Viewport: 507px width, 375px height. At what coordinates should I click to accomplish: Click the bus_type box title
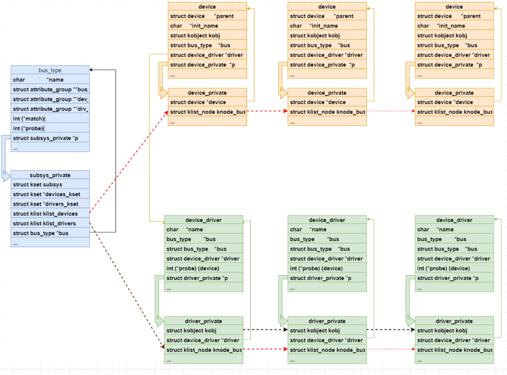pos(50,70)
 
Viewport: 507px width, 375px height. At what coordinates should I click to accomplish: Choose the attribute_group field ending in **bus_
pos(50,90)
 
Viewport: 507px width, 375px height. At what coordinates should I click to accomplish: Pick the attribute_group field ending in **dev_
pos(50,99)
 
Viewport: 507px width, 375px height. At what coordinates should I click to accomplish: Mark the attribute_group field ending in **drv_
pos(50,109)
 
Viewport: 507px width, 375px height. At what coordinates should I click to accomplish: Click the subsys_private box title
pos(50,175)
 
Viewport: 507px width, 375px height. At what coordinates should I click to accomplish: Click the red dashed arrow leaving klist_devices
pos(128,163)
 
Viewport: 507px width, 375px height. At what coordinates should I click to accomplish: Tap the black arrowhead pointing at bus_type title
pos(92,70)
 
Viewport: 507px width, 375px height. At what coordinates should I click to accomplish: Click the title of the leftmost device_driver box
pos(203,220)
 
